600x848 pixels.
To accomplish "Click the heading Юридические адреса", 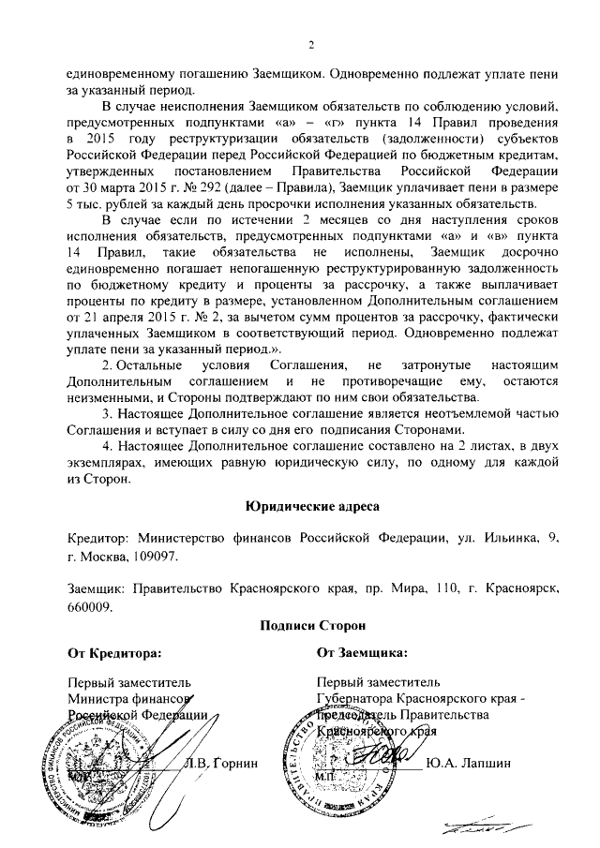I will coord(311,506).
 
